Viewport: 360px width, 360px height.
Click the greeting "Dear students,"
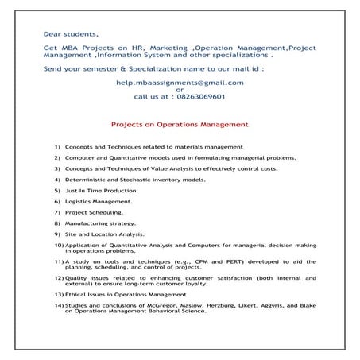click(72, 35)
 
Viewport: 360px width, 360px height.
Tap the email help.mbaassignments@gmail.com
click(180, 82)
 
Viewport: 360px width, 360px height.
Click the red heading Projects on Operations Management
click(180, 125)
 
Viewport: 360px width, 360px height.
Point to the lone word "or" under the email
click(180, 89)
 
